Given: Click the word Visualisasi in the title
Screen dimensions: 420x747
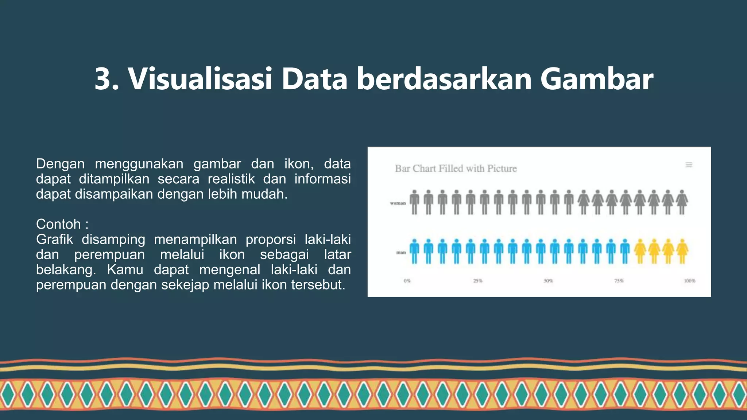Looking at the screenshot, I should [x=200, y=79].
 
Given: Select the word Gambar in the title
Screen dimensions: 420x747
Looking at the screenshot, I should [x=596, y=79].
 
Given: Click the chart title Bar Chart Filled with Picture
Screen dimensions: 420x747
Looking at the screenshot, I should [x=456, y=168].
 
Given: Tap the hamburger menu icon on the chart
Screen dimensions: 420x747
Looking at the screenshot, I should [x=689, y=165].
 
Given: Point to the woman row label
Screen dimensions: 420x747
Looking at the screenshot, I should [x=398, y=203].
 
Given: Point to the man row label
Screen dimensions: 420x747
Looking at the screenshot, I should [x=400, y=252].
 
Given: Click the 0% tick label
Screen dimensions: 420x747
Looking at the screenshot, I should [x=407, y=281].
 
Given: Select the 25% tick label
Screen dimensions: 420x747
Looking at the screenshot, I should [x=477, y=281].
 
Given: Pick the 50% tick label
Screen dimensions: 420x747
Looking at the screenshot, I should [x=548, y=281].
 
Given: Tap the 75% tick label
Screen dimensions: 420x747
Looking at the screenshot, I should [x=619, y=281].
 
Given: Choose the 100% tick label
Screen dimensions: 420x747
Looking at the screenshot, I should [x=689, y=281].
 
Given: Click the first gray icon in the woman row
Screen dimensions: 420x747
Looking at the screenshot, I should [x=414, y=202].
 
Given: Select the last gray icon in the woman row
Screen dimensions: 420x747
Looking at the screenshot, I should [x=682, y=202].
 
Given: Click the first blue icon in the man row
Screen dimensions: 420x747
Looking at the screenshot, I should [x=414, y=251].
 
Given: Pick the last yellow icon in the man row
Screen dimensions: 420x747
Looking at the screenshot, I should [x=682, y=251].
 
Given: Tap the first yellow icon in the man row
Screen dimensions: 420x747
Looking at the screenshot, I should [x=640, y=251].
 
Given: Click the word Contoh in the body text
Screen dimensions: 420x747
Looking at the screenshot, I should [x=58, y=224].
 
